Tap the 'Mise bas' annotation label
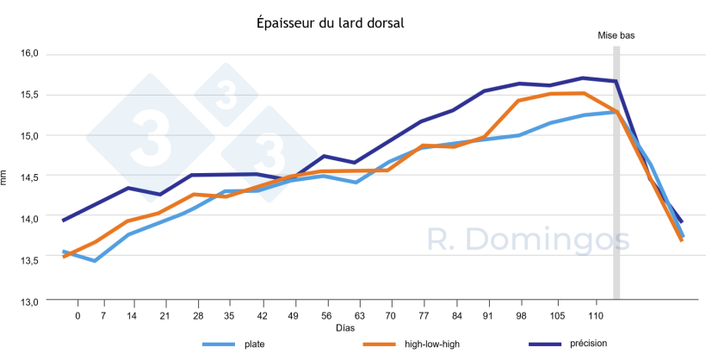pos(616,35)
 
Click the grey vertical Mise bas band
pos(616,172)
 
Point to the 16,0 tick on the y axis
pos(29,53)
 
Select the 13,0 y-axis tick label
pos(29,301)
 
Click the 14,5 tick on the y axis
pos(29,177)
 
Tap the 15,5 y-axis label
pos(29,95)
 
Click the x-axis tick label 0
pos(77,316)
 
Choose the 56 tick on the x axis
pos(325,316)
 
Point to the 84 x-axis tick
pos(456,316)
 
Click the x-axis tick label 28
pos(198,316)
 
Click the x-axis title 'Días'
pos(345,328)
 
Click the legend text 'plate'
pos(255,345)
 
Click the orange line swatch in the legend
pos(378,345)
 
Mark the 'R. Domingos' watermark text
pos(529,240)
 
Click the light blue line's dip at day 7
pos(95,260)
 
